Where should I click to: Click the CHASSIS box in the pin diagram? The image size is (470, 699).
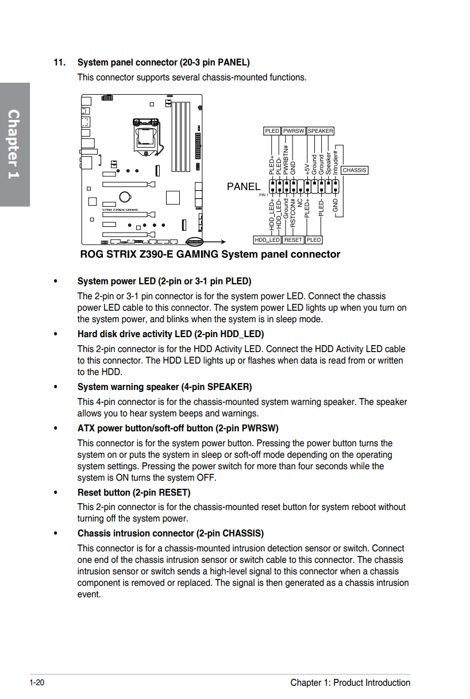coord(354,170)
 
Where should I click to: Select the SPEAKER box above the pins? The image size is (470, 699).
coord(320,131)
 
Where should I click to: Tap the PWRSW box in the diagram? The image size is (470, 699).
coord(294,131)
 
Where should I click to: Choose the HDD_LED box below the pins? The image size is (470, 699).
coord(267,240)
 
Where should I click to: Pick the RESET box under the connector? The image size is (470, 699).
coord(293,240)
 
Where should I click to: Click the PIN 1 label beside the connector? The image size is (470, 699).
coord(263,195)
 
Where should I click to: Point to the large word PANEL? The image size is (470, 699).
coord(244,187)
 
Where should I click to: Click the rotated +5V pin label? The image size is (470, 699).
coord(307,169)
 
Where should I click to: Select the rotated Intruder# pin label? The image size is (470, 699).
coord(335,163)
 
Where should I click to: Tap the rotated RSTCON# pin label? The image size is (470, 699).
coord(292,213)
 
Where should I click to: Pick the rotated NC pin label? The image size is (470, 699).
coord(300,203)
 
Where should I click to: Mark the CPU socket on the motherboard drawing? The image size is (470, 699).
coord(147,136)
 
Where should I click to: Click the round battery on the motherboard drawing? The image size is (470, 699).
coord(125,196)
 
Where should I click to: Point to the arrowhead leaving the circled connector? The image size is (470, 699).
coord(223,242)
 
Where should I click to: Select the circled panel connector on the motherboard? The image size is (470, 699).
coord(194,242)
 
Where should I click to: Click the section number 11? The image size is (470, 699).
coord(60,63)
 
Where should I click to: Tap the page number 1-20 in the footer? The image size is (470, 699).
coord(37,682)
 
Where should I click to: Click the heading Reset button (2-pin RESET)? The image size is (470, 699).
coord(134,492)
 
